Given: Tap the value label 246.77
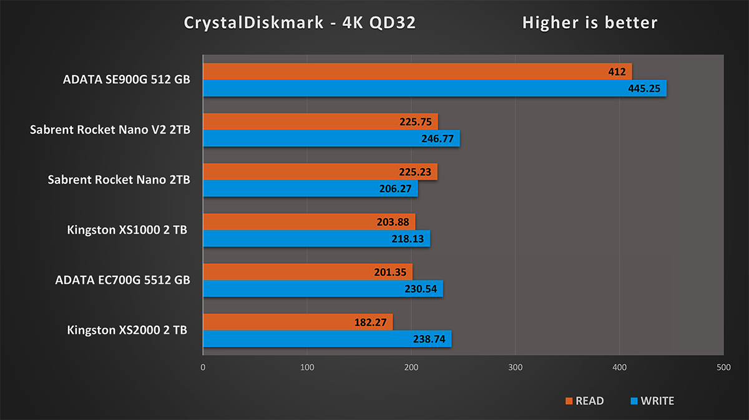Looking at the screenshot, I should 436,139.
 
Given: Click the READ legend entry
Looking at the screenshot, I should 584,401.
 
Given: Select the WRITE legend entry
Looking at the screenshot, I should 652,401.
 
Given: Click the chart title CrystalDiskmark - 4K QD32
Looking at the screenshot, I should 300,23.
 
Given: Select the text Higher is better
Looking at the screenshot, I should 589,23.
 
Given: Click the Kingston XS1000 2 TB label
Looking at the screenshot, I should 127,229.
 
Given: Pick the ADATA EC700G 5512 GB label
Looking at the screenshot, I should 122,279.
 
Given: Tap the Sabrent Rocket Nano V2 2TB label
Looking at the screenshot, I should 110,129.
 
